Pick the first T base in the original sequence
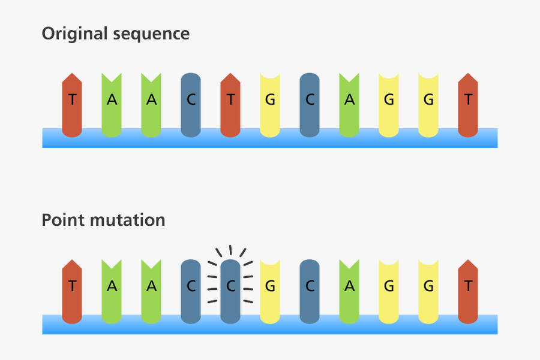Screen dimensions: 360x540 [x=72, y=101]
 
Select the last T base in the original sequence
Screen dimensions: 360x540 [x=468, y=101]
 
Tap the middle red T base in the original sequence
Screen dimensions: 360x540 [x=230, y=101]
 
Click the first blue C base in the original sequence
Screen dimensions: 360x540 [x=191, y=101]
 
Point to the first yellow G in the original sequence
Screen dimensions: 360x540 [x=270, y=101]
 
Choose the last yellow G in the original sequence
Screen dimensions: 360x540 [x=428, y=101]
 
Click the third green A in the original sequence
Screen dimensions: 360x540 [x=349, y=101]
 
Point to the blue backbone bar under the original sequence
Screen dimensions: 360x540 [x=270, y=139]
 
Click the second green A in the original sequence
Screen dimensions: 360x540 [x=151, y=101]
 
